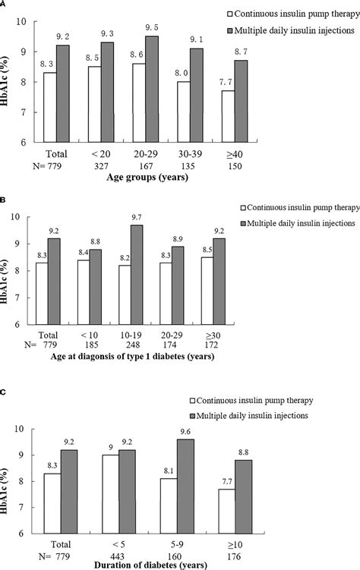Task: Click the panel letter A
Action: click(4, 4)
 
